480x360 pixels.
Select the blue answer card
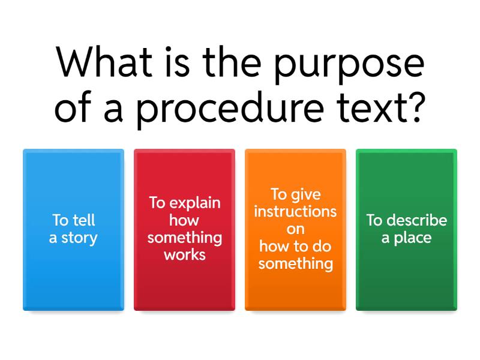[x=73, y=230]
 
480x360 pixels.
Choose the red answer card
[x=184, y=230]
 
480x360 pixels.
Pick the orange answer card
[x=295, y=230]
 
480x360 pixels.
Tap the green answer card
[x=406, y=230]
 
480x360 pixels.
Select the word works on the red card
[x=185, y=254]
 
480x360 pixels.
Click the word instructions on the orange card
[x=295, y=212]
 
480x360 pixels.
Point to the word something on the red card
[x=185, y=238]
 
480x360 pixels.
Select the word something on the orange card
[x=295, y=263]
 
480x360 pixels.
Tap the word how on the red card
[x=184, y=220]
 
